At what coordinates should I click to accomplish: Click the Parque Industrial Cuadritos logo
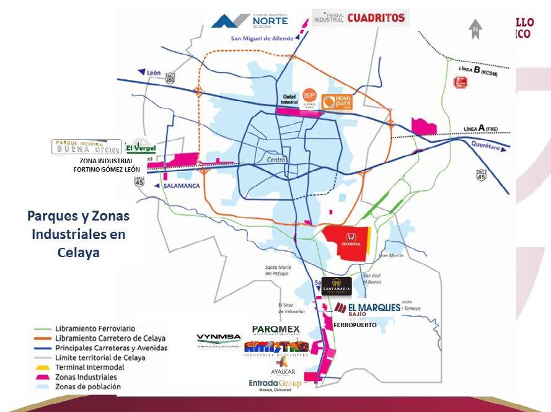click(x=360, y=18)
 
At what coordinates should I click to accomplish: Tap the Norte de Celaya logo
click(x=250, y=20)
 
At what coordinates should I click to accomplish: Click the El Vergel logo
click(x=141, y=147)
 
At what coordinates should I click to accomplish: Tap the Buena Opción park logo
click(x=86, y=147)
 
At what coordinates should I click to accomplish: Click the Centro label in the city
click(x=276, y=160)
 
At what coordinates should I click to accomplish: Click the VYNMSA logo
click(x=219, y=340)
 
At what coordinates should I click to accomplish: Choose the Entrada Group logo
click(x=275, y=385)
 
